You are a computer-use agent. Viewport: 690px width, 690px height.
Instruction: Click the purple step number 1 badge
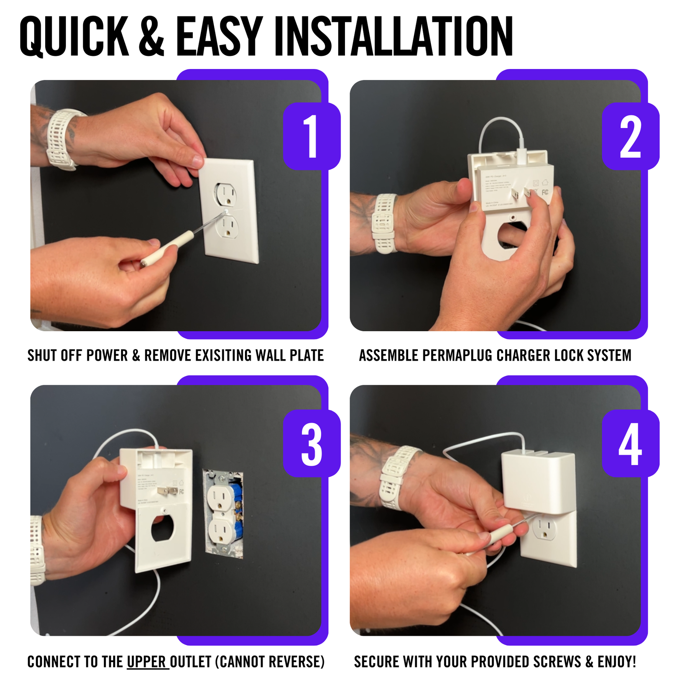(312, 136)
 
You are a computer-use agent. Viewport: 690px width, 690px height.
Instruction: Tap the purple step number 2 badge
(630, 136)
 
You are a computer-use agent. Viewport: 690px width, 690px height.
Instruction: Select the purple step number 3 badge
(312, 444)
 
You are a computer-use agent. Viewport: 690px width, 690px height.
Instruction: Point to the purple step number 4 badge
(630, 444)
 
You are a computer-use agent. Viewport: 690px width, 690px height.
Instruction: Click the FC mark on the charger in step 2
(545, 192)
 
